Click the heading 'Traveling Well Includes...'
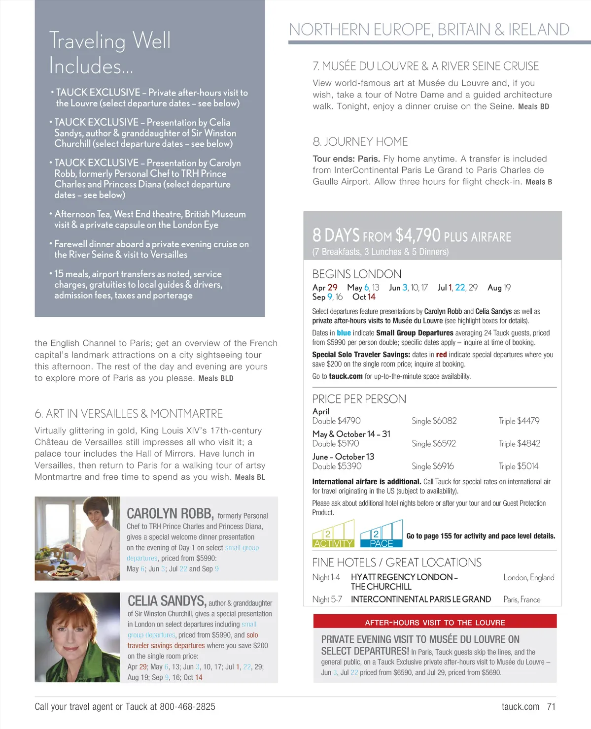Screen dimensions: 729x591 click(109, 53)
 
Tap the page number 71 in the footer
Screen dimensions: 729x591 click(551, 706)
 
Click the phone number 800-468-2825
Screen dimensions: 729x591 click(187, 706)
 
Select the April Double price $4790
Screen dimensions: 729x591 click(336, 421)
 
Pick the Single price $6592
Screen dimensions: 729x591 click(434, 443)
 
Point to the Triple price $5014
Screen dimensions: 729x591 click(519, 466)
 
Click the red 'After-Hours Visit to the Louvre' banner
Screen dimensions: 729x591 click(435, 622)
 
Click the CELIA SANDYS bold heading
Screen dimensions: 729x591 click(167, 601)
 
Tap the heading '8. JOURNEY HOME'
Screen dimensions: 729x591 click(360, 142)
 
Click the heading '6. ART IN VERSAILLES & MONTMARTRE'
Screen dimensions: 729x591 click(129, 414)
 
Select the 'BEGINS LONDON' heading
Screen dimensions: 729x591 click(356, 274)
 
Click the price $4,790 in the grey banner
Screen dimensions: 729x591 click(417, 235)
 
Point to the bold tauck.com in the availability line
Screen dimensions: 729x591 click(346, 376)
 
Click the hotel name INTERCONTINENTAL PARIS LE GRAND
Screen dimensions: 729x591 click(420, 599)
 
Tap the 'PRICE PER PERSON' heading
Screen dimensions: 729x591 click(359, 399)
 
